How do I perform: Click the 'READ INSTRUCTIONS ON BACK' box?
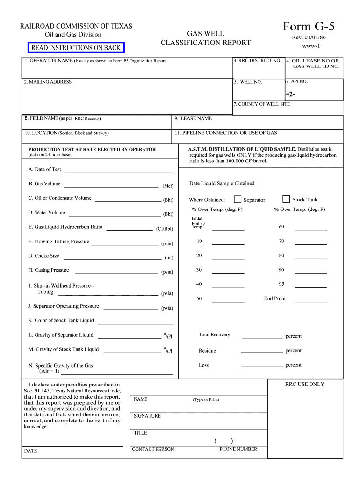tap(76, 48)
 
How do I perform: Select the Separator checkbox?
tap(238, 199)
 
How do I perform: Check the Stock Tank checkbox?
tap(286, 199)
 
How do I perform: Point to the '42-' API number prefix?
tap(290, 94)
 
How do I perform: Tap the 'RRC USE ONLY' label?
tap(304, 384)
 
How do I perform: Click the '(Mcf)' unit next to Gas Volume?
tap(168, 186)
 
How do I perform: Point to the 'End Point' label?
tap(274, 298)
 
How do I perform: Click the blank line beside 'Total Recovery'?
tap(262, 336)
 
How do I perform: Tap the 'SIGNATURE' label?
tap(147, 416)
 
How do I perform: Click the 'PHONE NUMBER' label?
tap(238, 449)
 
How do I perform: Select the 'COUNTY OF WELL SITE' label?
tap(262, 104)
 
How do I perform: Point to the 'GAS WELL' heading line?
tap(205, 34)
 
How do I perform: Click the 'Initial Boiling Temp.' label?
tap(198, 223)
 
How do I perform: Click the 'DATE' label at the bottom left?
tap(30, 451)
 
